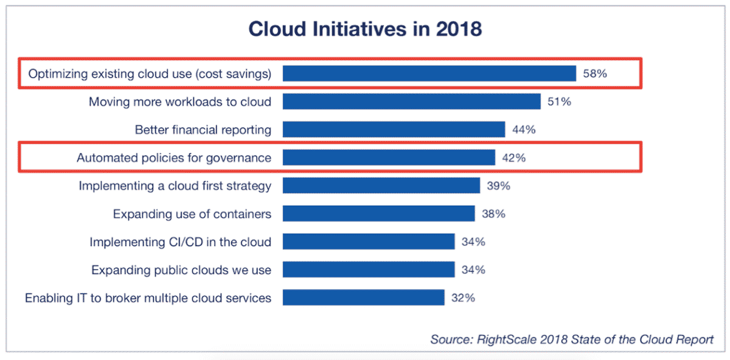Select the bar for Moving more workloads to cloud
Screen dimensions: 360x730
tap(411, 102)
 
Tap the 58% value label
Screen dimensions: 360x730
tap(595, 74)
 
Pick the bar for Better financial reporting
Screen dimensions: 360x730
tap(394, 130)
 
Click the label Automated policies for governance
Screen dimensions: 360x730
tap(174, 158)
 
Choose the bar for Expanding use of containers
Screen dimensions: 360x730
tap(378, 213)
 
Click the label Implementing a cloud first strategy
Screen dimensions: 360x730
tap(175, 185)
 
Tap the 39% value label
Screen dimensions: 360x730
tap(498, 185)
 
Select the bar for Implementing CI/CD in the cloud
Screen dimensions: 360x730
tap(369, 241)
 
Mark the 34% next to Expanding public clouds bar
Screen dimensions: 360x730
tap(473, 269)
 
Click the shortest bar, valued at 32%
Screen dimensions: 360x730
tap(363, 297)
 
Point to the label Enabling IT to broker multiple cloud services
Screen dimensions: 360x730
tap(148, 298)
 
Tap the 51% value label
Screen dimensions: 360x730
tap(559, 102)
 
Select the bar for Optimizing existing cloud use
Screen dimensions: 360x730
tap(429, 74)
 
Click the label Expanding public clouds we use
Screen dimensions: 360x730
tap(181, 269)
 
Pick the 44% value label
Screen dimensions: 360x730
tap(524, 130)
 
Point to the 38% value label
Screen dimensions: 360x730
tap(493, 213)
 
